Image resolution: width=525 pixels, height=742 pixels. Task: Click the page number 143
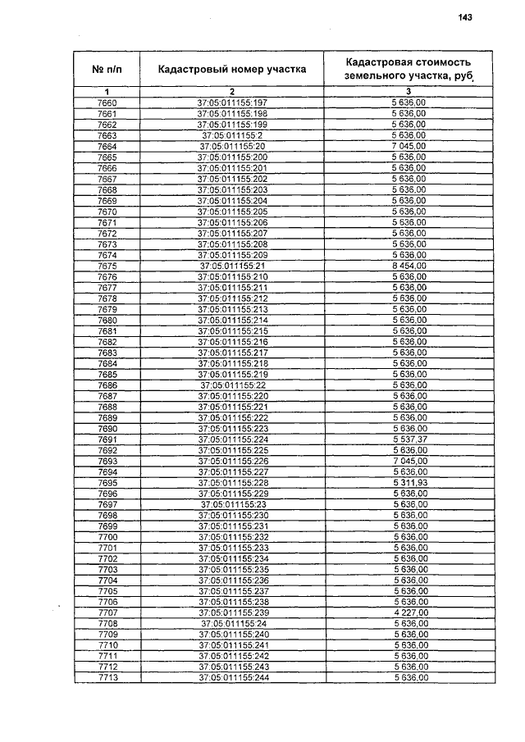(x=466, y=18)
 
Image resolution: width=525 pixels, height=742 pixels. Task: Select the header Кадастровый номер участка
(x=232, y=69)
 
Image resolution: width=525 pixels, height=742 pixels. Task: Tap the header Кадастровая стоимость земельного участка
(x=409, y=69)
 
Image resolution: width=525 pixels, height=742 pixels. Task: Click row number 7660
(x=107, y=102)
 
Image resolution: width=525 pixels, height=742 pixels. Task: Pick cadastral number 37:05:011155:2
(x=232, y=134)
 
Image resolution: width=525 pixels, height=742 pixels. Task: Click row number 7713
(x=107, y=678)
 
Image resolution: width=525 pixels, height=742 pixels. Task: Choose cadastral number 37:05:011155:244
(x=232, y=678)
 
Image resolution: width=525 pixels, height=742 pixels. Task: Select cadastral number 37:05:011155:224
(x=232, y=439)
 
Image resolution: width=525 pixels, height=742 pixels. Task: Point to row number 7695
(x=107, y=483)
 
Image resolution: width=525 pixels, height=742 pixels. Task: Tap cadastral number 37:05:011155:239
(x=232, y=613)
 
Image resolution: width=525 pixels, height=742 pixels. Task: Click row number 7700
(x=107, y=537)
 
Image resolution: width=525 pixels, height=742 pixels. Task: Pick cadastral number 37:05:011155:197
(x=232, y=102)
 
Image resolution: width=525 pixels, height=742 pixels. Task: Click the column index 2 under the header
(x=232, y=90)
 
